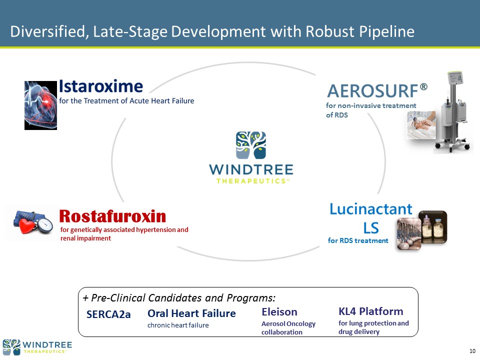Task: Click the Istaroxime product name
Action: (x=100, y=86)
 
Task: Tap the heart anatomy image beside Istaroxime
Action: (x=40, y=105)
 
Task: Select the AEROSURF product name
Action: (x=372, y=91)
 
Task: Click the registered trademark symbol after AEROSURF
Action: (x=423, y=87)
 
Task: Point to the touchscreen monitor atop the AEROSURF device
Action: (x=455, y=78)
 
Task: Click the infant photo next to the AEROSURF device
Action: (x=421, y=125)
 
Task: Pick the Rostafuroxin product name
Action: (x=112, y=216)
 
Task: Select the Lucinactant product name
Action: (x=370, y=209)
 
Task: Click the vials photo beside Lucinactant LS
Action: (x=422, y=230)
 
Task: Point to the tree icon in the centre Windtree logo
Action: (x=251, y=145)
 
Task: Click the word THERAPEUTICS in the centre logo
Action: (x=251, y=181)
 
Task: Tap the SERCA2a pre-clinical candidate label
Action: (x=108, y=314)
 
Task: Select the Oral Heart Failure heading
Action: (x=191, y=313)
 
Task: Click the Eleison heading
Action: (x=279, y=312)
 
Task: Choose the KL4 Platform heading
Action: (x=370, y=311)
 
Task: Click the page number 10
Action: (x=472, y=351)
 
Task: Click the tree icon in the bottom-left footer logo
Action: (x=11, y=347)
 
